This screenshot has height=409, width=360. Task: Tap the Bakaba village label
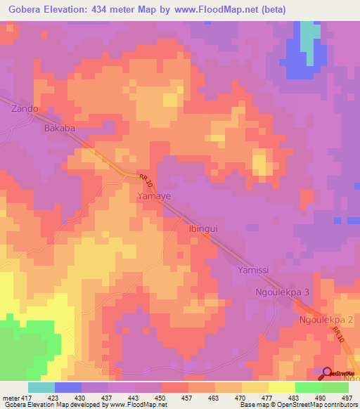(x=59, y=129)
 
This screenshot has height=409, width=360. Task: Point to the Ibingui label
(x=205, y=228)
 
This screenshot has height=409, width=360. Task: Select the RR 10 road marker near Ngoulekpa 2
(x=340, y=335)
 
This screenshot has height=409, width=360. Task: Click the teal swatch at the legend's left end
(x=41, y=387)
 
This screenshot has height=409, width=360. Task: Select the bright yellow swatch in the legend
(x=282, y=387)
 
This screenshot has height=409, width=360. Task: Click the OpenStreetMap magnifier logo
(x=327, y=373)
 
